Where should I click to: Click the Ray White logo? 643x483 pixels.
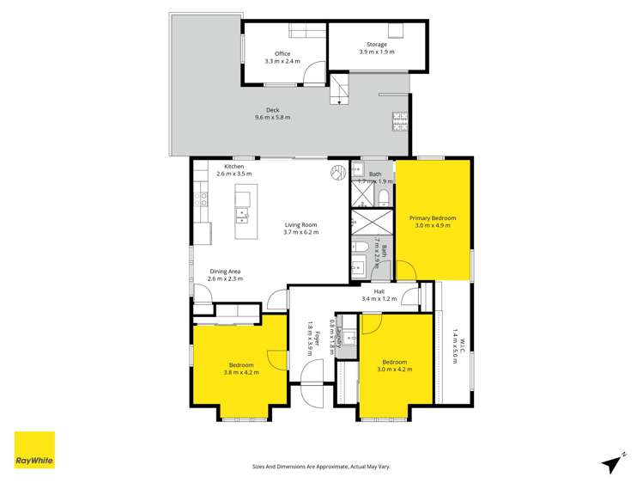[x=34, y=449]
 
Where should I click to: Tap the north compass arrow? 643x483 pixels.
[x=613, y=462]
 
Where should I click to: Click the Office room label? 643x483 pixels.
[x=282, y=54]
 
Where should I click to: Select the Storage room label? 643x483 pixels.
[x=377, y=45]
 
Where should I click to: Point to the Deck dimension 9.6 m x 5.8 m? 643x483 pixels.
[x=272, y=118]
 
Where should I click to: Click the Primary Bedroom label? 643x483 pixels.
[x=433, y=218]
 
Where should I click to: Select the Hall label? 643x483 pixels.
[x=379, y=291]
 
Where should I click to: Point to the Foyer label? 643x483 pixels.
[x=316, y=337]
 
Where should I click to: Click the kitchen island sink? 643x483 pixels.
[x=243, y=213]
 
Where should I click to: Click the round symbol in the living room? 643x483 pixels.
[x=337, y=173]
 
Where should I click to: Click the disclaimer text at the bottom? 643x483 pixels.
[x=320, y=467]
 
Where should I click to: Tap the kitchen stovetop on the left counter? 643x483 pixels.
[x=203, y=200]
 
